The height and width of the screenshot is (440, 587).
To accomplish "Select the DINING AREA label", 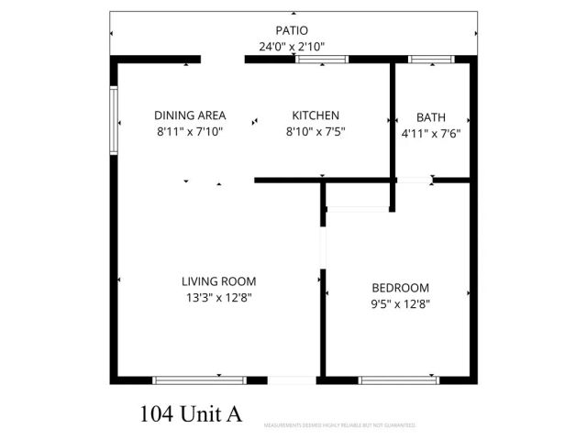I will (x=189, y=116).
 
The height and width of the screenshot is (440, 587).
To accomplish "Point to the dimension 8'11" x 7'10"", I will (x=189, y=132).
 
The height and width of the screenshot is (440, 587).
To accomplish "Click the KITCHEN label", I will (x=316, y=115).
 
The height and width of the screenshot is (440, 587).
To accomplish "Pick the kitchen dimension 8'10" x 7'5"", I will (x=316, y=131).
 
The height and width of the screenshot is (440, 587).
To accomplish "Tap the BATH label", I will (x=430, y=117).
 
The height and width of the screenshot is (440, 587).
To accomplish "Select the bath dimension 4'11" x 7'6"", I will (x=430, y=133).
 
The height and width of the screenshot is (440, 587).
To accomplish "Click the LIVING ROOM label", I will (x=218, y=281).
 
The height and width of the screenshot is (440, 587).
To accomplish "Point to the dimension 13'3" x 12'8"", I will (x=218, y=297).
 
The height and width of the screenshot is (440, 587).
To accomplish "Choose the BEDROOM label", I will (x=400, y=286).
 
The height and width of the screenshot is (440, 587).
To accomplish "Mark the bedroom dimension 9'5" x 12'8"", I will (x=400, y=302).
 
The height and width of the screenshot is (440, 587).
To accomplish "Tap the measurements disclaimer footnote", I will (x=339, y=425).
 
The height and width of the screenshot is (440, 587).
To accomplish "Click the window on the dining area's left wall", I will (x=114, y=119).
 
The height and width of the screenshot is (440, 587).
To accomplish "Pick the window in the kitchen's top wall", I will (x=321, y=60).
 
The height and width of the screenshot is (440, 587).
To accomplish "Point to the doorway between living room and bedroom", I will (x=322, y=247).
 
